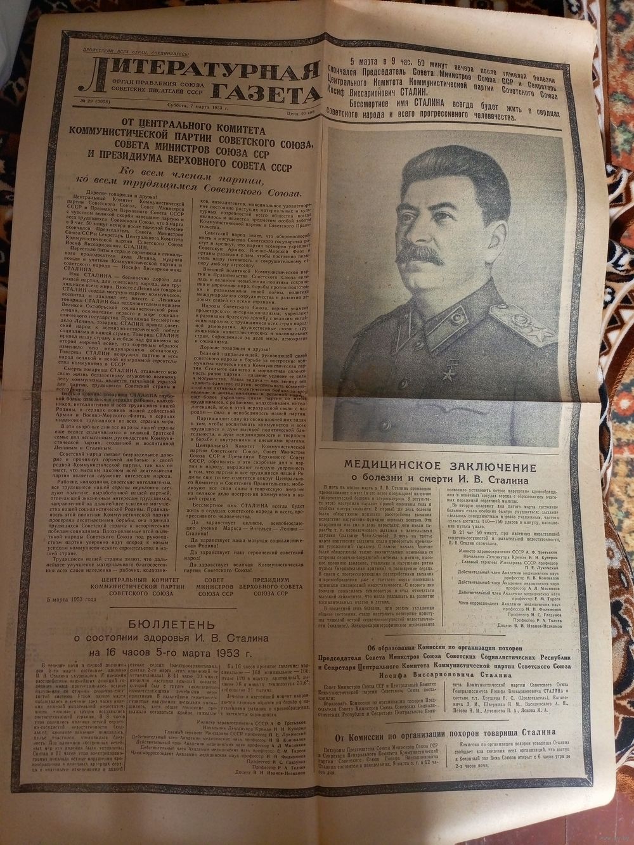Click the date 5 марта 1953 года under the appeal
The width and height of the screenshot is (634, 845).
[74, 600]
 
